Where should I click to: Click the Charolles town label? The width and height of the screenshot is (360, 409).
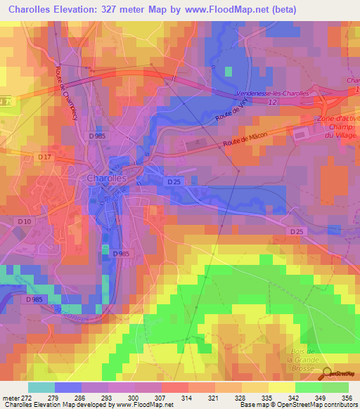coord(106,178)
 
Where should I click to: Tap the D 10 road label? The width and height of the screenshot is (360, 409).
coord(24,222)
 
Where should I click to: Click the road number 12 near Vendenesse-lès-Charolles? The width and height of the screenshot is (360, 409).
coord(272,103)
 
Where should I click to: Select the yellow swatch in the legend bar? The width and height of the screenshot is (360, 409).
coord(281,387)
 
